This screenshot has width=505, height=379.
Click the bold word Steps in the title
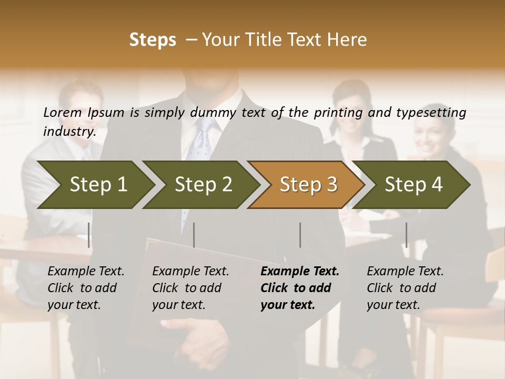(153, 40)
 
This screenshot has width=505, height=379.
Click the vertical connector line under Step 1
(89, 235)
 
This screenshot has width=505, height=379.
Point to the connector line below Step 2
(194, 235)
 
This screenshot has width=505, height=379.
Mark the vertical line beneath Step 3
(300, 235)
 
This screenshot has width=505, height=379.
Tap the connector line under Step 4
(406, 235)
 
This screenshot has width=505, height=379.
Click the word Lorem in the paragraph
(63, 112)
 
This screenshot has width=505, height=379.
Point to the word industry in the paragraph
(69, 132)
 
